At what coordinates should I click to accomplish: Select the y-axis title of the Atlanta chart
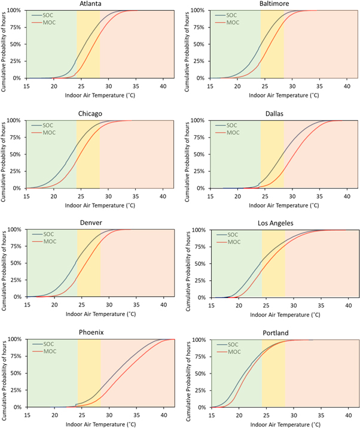pyautogui.click(x=4, y=45)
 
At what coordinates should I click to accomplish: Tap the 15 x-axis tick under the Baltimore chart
pyautogui.click(x=210, y=86)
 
